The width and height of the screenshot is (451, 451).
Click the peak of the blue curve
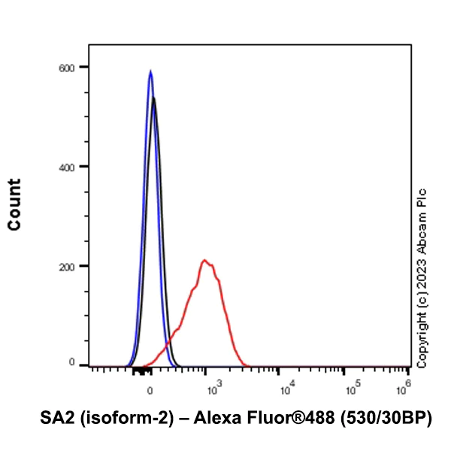[x=150, y=71]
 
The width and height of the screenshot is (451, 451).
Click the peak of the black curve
[x=154, y=98]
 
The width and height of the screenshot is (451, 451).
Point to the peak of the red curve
[x=204, y=260]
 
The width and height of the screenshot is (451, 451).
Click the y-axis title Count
[x=14, y=204]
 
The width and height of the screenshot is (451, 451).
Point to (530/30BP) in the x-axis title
[x=387, y=418]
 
